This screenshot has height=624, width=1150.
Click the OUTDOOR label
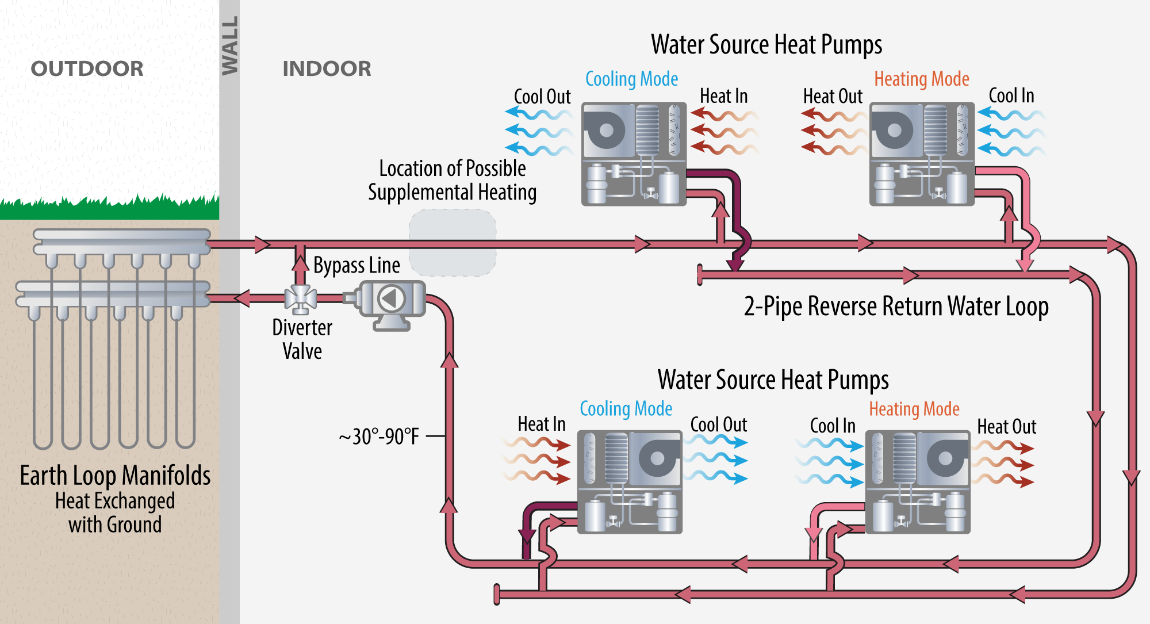(87, 69)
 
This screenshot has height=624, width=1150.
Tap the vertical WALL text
(229, 45)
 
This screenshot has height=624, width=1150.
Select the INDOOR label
(327, 69)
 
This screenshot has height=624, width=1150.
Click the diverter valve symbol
(300, 298)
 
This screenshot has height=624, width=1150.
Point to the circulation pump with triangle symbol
(392, 298)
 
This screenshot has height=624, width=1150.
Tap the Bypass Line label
(356, 265)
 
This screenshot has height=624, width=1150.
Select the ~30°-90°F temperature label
(379, 437)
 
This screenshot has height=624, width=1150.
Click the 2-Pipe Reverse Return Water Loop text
(896, 306)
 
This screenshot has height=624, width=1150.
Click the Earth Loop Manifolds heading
(115, 476)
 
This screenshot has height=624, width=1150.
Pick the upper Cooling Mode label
(631, 79)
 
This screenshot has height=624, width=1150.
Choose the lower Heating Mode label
(914, 409)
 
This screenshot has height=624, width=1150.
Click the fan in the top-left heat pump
(606, 130)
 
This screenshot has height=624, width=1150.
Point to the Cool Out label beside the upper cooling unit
(542, 97)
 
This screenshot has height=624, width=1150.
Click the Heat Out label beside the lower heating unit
(1006, 427)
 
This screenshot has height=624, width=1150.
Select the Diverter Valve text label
(302, 339)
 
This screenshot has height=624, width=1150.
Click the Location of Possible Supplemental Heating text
(452, 180)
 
